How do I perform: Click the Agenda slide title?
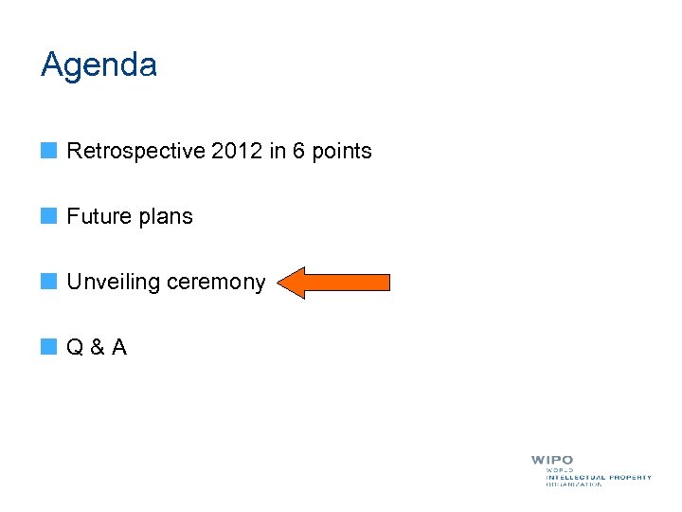tap(99, 66)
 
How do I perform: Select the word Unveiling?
tap(114, 283)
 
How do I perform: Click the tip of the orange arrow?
tap(282, 283)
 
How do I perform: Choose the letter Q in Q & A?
tap(77, 347)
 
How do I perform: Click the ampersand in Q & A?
tap(98, 347)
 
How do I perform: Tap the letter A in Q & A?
tap(118, 347)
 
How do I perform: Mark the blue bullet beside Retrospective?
tap(48, 150)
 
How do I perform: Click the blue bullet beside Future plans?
tap(48, 215)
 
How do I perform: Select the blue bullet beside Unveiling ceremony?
tap(48, 281)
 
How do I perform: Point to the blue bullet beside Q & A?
tap(48, 346)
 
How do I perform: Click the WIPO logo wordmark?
tap(552, 461)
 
